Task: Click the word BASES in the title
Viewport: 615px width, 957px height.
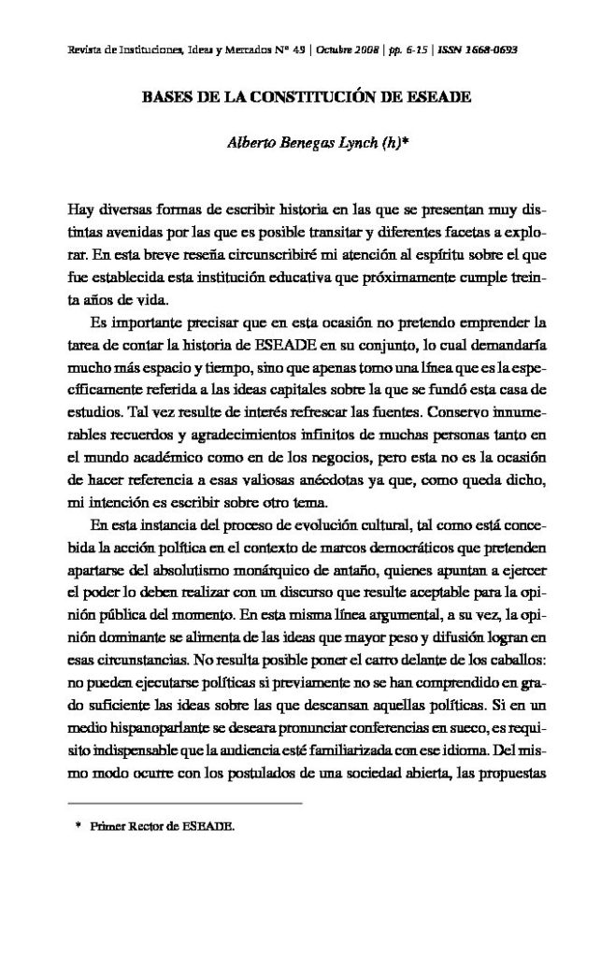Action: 163,96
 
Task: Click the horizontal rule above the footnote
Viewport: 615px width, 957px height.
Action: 186,803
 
